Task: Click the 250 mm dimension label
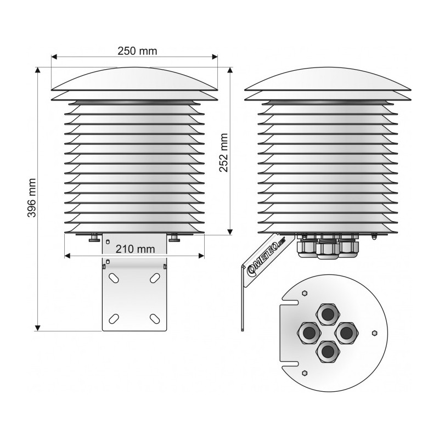[x=137, y=51]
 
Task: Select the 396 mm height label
[x=32, y=198]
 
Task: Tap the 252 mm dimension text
[x=223, y=153]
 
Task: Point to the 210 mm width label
[x=135, y=249]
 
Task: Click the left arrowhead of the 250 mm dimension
[x=54, y=57]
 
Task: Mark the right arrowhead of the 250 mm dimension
[x=215, y=57]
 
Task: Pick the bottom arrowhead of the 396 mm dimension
[x=37, y=328]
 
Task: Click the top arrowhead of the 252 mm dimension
[x=230, y=70]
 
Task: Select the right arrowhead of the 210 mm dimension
[x=201, y=256]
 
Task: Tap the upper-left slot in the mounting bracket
[x=114, y=278]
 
